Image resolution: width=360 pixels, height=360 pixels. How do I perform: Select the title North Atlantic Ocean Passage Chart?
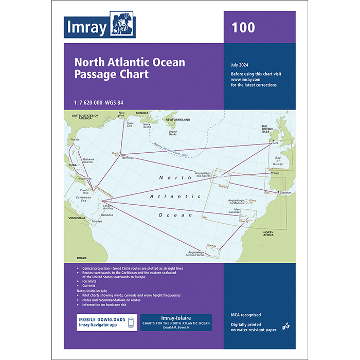pos(130,68)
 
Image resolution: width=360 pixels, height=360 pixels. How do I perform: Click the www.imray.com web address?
pos(244,79)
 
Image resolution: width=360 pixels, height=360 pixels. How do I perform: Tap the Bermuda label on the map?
pos(128,158)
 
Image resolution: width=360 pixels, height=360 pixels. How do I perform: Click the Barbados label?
pos(107,214)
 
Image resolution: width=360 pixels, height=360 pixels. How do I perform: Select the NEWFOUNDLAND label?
pos(177,119)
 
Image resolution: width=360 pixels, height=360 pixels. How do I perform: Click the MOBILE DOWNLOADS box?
pos(107,322)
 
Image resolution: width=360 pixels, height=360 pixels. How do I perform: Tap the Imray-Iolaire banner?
pos(176,322)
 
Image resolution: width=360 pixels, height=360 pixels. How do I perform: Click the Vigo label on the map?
pos(276,173)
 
